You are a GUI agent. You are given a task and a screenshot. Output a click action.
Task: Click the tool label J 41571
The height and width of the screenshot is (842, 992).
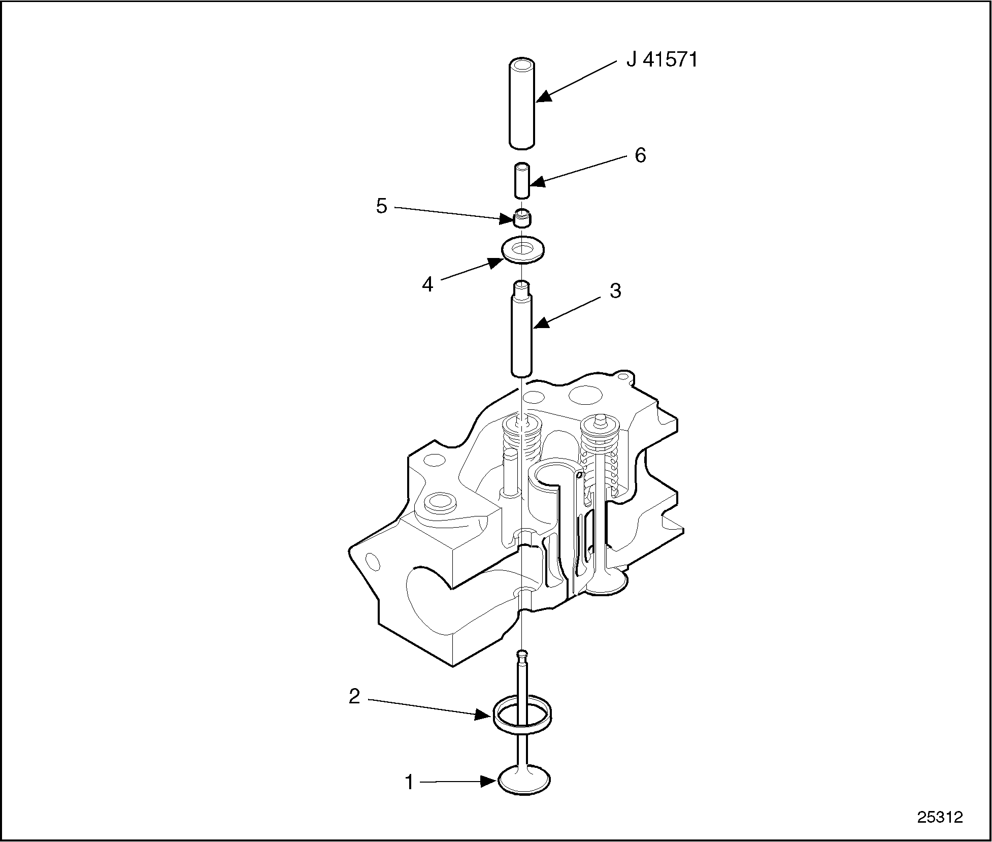tap(662, 60)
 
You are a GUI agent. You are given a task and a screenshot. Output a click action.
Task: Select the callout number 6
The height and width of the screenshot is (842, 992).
tap(640, 155)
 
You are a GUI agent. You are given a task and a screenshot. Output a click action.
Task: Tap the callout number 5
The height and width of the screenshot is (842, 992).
tap(381, 206)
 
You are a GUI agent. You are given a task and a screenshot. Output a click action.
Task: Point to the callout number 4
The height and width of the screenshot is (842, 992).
tap(427, 284)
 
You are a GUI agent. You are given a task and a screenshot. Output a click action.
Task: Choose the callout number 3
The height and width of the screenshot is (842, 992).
tap(615, 291)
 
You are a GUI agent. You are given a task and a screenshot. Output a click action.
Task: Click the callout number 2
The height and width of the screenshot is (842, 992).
tap(354, 696)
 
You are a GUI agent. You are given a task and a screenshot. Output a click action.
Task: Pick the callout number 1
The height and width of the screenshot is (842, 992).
tap(409, 783)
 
